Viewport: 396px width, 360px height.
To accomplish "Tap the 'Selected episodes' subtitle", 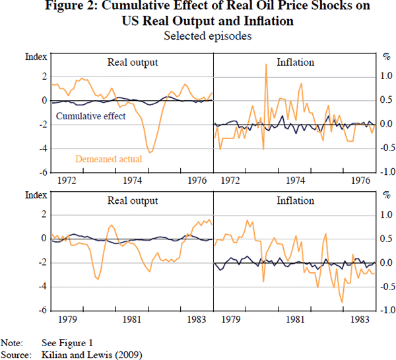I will [x=199, y=36].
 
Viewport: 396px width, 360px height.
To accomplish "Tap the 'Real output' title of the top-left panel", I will [x=133, y=63].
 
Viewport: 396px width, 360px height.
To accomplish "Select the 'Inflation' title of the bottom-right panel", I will [x=295, y=201].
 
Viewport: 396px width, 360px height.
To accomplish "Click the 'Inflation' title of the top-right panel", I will [x=295, y=63].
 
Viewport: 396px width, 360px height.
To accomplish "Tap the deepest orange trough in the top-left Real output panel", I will [x=150, y=153].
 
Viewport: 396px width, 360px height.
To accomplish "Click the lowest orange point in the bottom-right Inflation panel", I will [x=342, y=303].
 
